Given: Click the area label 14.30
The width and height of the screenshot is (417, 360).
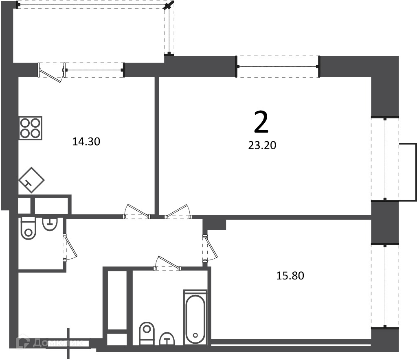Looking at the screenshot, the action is click(86, 142).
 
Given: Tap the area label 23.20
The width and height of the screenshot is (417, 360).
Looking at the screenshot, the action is click(262, 145).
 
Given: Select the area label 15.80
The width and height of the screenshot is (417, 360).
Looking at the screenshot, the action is click(290, 276).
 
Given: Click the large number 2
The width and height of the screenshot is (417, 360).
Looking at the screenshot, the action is click(261, 122).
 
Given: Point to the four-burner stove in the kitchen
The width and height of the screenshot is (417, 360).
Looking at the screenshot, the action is click(31, 128).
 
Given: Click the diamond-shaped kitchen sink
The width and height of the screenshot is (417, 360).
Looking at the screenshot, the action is click(31, 180).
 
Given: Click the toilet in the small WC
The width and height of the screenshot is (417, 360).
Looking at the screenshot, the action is click(28, 228).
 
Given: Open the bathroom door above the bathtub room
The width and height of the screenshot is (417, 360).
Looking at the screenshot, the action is click(167, 264).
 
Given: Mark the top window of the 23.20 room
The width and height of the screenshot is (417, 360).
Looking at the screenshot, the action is click(278, 66).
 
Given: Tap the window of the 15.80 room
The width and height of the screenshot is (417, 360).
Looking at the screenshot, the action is click(385, 286).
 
